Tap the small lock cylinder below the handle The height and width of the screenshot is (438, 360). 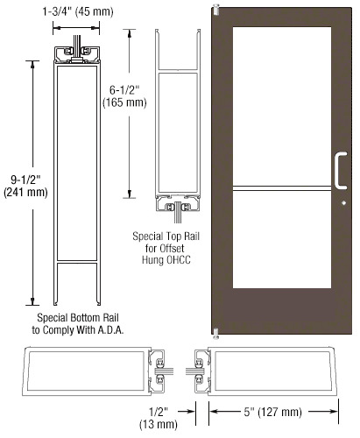tap(344, 203)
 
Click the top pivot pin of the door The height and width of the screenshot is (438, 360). tap(216, 10)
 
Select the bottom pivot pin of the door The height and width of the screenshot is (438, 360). tap(216, 334)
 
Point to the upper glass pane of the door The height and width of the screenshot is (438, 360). tap(282, 106)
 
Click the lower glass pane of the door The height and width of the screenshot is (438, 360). tap(282, 240)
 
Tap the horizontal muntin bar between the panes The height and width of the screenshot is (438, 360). tap(282, 188)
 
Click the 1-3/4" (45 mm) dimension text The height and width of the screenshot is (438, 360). tap(78, 11)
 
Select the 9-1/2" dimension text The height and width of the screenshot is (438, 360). tap(25, 180)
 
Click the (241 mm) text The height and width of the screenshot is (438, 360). tap(25, 193)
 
